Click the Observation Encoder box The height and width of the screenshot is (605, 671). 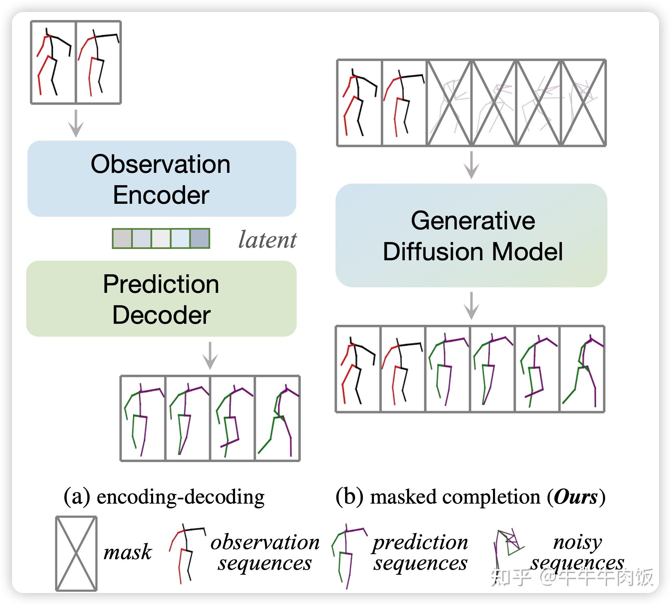162,179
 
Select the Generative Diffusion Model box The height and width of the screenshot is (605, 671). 471,235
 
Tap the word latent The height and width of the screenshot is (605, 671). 267,240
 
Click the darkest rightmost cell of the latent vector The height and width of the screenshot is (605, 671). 200,238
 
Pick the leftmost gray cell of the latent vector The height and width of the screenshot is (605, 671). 122,238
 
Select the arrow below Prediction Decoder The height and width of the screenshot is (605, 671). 210,355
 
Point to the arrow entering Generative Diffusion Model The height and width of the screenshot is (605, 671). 471,165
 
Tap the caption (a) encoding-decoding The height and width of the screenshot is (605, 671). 164,497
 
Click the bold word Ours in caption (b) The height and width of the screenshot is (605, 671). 575,497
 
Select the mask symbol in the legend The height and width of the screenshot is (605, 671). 76,553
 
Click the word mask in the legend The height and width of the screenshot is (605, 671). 127,553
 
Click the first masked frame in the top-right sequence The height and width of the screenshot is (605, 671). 449,103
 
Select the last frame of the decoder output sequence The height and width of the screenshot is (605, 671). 277,418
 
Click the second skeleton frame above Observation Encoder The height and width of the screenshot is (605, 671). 98,62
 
